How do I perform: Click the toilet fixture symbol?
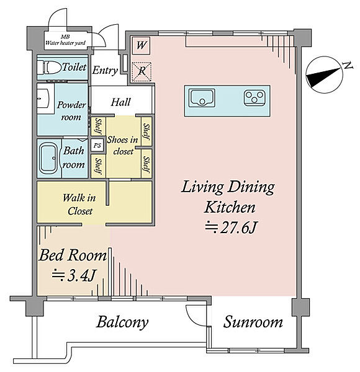pos(49,67)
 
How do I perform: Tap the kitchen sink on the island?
pos(202,98)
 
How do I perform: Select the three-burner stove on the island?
pos(254,97)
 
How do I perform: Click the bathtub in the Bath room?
pos(48,158)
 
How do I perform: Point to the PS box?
pos(97,145)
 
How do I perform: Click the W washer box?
pos(141,45)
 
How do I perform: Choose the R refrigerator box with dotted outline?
pos(142,72)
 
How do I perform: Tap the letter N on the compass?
pos(348,65)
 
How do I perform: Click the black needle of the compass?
pos(323,77)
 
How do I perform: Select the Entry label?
pos(105,70)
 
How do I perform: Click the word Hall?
pos(120,102)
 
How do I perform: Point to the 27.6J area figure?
pos(231,228)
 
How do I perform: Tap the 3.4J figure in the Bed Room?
pos(74,275)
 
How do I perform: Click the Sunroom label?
pos(253,322)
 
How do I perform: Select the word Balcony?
pos(122,322)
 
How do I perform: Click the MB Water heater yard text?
pos(65,40)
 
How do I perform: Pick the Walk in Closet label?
pos(79,205)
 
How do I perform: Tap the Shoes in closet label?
pos(122,146)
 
